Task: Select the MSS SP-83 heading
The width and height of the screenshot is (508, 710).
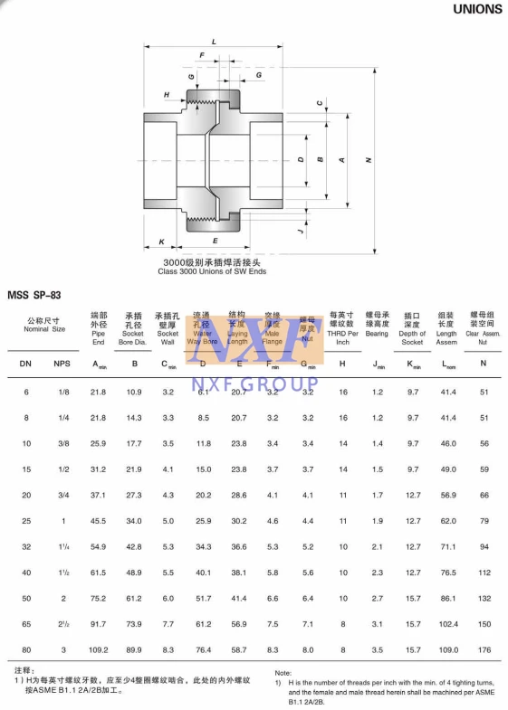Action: click(x=34, y=295)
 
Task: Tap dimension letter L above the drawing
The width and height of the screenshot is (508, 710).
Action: click(x=214, y=43)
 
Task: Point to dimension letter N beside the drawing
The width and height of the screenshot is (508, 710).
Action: click(x=369, y=160)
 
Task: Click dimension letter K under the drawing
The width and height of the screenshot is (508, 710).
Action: click(x=161, y=241)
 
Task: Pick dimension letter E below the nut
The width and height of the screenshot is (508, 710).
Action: click(x=215, y=241)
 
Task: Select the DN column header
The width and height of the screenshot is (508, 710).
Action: click(x=25, y=364)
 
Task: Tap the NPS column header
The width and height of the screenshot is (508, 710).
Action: click(x=62, y=364)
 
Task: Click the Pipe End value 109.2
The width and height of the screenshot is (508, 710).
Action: click(x=99, y=649)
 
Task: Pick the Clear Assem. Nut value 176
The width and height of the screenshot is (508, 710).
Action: click(x=484, y=649)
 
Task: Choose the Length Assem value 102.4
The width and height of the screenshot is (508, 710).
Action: click(x=447, y=624)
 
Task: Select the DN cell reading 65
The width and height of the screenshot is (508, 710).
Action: click(x=26, y=624)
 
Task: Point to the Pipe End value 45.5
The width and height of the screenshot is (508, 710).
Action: click(x=99, y=521)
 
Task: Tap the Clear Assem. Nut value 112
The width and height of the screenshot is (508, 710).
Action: click(x=484, y=573)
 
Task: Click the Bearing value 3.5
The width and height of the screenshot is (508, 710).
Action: click(x=378, y=649)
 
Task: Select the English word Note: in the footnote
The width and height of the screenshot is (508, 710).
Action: click(x=283, y=673)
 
